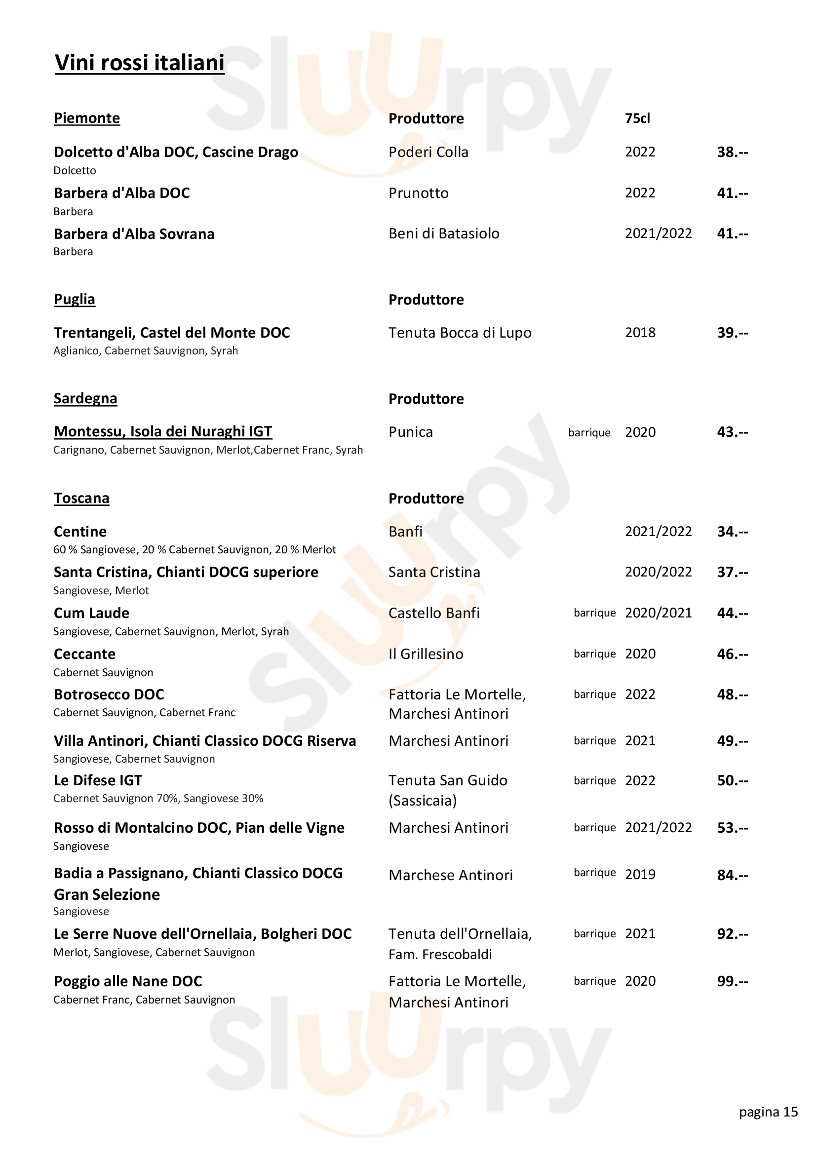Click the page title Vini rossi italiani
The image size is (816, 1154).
click(x=139, y=63)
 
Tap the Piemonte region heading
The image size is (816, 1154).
click(x=86, y=118)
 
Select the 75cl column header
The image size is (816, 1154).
click(x=637, y=118)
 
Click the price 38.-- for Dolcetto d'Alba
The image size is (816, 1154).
click(x=732, y=152)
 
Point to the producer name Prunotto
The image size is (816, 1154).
click(x=418, y=193)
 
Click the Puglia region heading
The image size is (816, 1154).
click(x=75, y=299)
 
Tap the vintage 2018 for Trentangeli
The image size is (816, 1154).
click(x=640, y=332)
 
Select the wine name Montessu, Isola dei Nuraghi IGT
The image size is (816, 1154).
click(x=163, y=431)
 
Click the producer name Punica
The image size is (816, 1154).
click(x=410, y=432)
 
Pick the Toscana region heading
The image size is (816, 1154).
click(x=81, y=498)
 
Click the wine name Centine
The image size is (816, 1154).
click(x=80, y=531)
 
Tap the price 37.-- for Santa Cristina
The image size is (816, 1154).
click(x=732, y=572)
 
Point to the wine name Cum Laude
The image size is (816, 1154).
click(x=91, y=613)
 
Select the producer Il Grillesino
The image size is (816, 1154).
click(x=426, y=654)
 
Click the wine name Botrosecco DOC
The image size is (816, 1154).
click(x=109, y=694)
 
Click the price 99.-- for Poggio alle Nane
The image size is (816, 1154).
click(x=732, y=981)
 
